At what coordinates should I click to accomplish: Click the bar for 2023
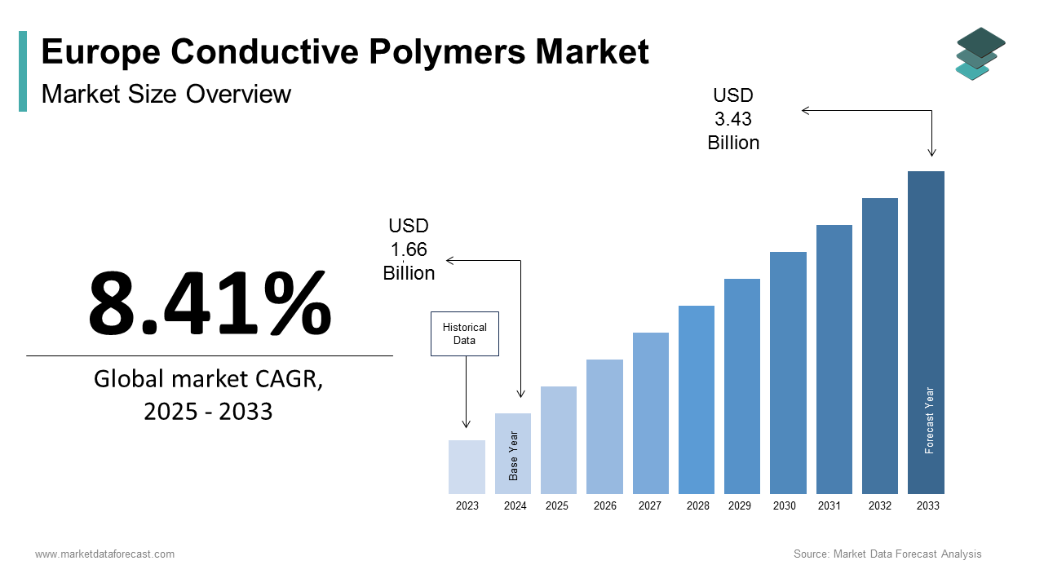point(467,467)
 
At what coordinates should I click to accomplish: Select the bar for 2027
point(650,413)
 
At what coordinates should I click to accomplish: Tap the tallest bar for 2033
point(926,332)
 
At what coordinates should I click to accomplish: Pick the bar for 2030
point(788,373)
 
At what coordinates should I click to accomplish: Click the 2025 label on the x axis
point(557,506)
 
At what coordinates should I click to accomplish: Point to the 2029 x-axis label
point(740,506)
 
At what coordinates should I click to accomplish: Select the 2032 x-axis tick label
point(879,506)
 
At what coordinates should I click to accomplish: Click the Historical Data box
point(464,333)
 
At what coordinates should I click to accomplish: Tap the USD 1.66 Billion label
point(409,249)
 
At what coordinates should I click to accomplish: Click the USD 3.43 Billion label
point(733,119)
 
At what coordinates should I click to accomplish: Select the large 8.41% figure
point(210,304)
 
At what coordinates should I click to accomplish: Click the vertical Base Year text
point(514,455)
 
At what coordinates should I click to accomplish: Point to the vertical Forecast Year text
point(929,420)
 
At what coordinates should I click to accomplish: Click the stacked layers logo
point(980,53)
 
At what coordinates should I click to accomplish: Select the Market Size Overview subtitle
point(166,94)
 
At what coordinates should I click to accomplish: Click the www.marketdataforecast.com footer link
point(104,554)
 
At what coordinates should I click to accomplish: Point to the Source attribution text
point(887,554)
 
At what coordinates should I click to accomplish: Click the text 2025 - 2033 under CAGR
point(208,412)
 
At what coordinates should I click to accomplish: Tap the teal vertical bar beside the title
point(23,71)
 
